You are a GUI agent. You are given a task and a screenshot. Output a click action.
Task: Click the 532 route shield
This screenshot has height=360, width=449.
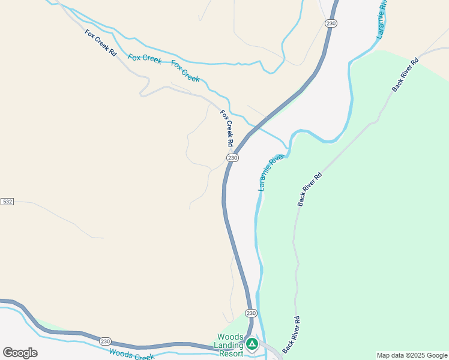pos(7,202)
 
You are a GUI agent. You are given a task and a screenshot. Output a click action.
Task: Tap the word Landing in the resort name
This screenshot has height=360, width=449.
pos(228,345)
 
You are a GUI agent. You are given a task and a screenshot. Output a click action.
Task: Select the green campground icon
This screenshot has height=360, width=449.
pos(252,344)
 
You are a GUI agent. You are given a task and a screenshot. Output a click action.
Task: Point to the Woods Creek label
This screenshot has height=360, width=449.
pos(131,355)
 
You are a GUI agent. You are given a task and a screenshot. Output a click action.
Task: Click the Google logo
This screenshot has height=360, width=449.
pos(20,353)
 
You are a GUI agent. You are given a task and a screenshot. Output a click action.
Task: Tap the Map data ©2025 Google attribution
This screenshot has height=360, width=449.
pos(412,355)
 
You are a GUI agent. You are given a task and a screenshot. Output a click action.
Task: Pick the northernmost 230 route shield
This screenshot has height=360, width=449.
pos(331,23)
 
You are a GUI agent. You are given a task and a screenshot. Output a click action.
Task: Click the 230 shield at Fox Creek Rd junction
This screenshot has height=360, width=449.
pos(233,157)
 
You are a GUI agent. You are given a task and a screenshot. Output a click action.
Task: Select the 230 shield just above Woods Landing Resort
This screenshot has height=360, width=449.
pos(251,313)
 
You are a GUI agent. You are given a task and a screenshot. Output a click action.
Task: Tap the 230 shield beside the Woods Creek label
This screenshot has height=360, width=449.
pos(106,341)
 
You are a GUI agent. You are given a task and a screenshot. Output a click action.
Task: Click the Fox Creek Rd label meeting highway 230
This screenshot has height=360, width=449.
pos(226,128)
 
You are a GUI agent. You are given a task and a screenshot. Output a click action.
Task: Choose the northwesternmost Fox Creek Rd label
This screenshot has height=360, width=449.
pos(101,43)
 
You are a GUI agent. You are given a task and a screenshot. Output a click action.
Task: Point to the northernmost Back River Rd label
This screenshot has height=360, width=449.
pos(405,75)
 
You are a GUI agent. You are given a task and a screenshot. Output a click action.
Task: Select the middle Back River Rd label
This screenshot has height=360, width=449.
pos(310,190)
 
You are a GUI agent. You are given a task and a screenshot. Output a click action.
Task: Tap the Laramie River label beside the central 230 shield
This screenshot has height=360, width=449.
pos(271,173)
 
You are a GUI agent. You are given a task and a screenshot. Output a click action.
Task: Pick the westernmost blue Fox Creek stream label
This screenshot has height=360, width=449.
pos(145,58)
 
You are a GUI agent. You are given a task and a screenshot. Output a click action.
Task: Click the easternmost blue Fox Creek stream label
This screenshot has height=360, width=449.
pos(185,71)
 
